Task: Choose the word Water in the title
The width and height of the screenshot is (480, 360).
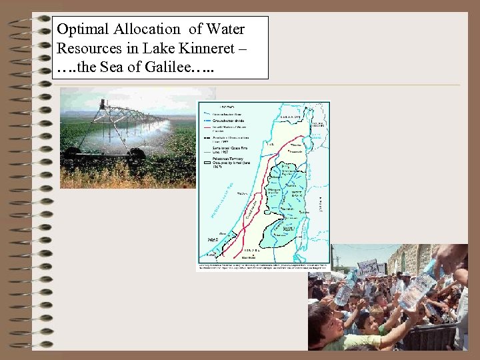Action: [x=225, y=29]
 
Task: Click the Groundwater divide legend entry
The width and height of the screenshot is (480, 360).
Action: [x=230, y=121]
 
